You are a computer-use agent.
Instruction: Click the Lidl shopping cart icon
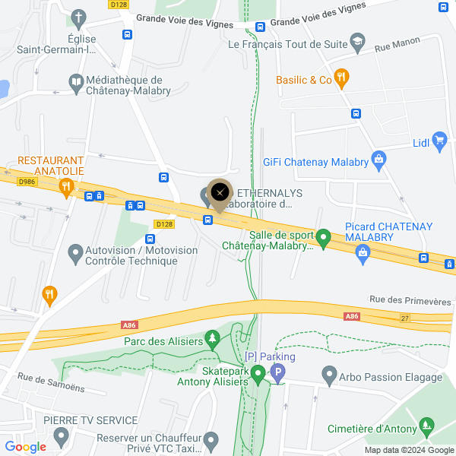(x=439, y=141)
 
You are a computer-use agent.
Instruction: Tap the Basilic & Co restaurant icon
(x=342, y=77)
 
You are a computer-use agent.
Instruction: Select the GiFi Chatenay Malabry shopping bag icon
(x=379, y=160)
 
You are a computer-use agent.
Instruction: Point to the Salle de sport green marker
(x=323, y=239)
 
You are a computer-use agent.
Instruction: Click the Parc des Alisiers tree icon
(x=214, y=338)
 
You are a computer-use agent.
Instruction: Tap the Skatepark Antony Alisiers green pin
(x=258, y=374)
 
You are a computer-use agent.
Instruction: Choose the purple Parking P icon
(x=278, y=373)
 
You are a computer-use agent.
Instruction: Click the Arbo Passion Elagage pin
(x=329, y=374)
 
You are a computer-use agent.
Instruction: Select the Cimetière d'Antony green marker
(x=428, y=426)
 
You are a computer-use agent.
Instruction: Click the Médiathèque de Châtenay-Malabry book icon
(x=75, y=83)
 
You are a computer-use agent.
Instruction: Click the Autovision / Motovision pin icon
(x=74, y=252)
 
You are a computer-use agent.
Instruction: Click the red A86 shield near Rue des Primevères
(x=351, y=315)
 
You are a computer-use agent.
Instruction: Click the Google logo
(x=26, y=447)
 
